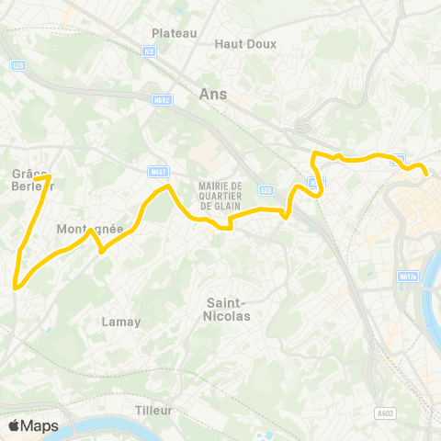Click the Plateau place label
pyautogui.click(x=175, y=33)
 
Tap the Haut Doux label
pyautogui.click(x=240, y=43)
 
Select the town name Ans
pyautogui.click(x=211, y=93)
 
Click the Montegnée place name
pyautogui.click(x=89, y=229)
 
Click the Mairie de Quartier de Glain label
pyautogui.click(x=219, y=193)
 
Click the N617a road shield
pyautogui.click(x=408, y=276)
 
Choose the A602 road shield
pyautogui.click(x=386, y=414)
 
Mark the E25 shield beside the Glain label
pyautogui.click(x=266, y=190)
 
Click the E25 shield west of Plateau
pyautogui.click(x=17, y=64)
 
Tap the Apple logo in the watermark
pyautogui.click(x=14, y=426)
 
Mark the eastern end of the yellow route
pyautogui.click(x=426, y=174)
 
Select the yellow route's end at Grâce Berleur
pyautogui.click(x=48, y=177)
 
